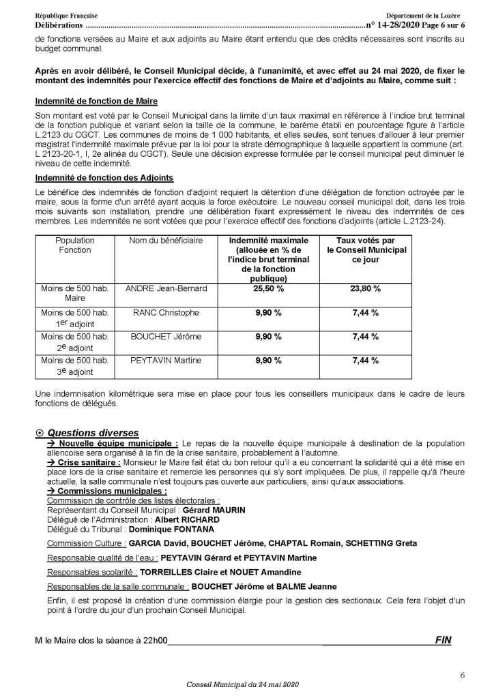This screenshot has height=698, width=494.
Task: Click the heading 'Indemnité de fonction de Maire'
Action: click(96, 102)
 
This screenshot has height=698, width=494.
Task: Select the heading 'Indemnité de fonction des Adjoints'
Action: click(104, 178)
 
